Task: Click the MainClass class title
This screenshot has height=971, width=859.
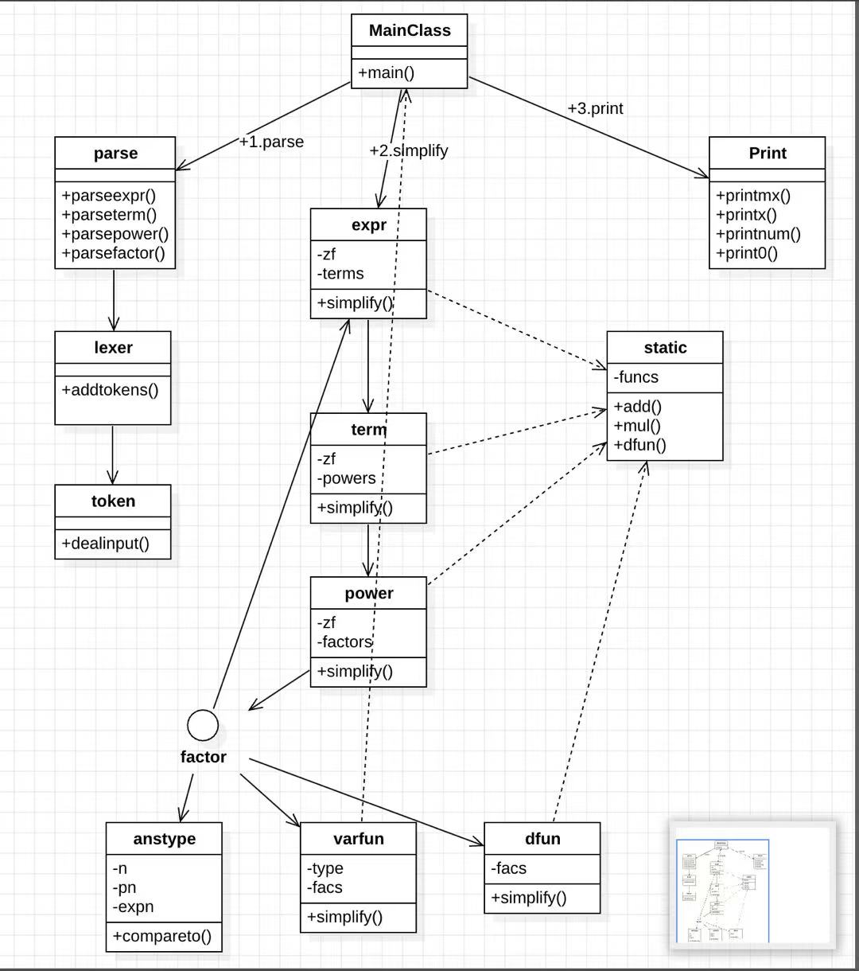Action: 410,31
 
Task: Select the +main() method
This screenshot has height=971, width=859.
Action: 386,73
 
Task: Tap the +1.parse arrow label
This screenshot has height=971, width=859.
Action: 271,142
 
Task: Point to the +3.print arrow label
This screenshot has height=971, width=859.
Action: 595,108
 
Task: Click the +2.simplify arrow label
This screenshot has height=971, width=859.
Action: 409,150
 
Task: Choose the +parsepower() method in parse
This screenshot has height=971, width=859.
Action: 115,234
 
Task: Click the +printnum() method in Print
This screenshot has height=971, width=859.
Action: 758,234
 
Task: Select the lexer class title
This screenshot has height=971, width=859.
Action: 113,348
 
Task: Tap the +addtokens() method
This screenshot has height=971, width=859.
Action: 110,390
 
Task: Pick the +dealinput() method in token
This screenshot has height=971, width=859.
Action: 106,543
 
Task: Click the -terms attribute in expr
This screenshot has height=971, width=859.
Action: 340,273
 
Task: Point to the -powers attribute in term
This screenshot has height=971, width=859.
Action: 346,478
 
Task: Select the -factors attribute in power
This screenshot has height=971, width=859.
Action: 344,641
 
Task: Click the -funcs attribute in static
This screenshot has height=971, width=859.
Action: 636,376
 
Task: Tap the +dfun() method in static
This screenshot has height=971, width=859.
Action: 639,445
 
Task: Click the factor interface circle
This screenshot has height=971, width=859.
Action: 203,725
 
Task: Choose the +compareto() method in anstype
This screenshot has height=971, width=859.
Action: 162,936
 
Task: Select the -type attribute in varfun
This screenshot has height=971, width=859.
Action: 325,868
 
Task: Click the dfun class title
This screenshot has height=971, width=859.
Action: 542,839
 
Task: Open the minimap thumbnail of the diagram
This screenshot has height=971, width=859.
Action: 752,885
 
